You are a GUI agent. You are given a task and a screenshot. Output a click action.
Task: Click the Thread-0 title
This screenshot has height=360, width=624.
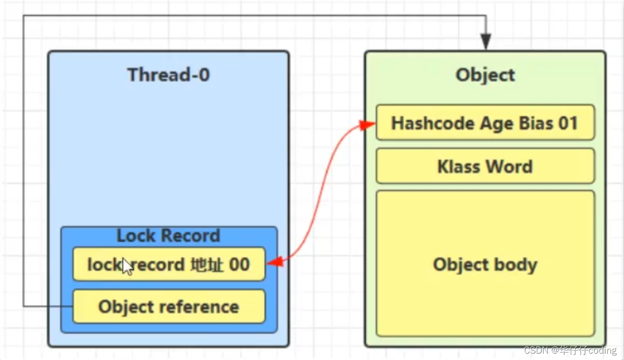click(x=168, y=75)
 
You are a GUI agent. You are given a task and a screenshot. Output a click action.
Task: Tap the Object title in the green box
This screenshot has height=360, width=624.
click(x=485, y=75)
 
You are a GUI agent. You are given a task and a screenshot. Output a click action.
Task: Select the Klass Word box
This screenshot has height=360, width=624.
click(x=485, y=167)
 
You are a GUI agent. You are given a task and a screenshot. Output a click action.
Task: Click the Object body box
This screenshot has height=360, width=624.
click(x=485, y=264)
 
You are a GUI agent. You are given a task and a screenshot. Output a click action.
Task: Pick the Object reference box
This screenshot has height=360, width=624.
click(x=169, y=307)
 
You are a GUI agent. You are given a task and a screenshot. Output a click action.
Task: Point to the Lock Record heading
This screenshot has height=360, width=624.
click(x=168, y=236)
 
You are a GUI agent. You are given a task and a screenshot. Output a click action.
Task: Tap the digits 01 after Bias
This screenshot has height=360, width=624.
click(x=567, y=123)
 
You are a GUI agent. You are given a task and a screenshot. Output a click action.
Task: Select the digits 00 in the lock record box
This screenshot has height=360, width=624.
click(x=239, y=265)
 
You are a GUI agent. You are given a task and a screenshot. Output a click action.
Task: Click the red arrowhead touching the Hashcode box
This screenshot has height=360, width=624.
click(x=369, y=124)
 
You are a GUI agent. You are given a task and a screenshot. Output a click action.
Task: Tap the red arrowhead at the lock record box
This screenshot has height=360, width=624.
click(x=274, y=263)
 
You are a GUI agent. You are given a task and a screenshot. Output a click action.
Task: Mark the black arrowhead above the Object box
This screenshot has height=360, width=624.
click(x=486, y=42)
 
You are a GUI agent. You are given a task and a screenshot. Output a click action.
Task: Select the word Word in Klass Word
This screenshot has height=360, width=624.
click(x=510, y=167)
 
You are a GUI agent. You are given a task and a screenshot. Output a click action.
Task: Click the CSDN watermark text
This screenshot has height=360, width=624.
click(x=570, y=351)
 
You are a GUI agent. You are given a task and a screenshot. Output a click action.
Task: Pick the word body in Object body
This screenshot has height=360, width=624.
click(x=518, y=264)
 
